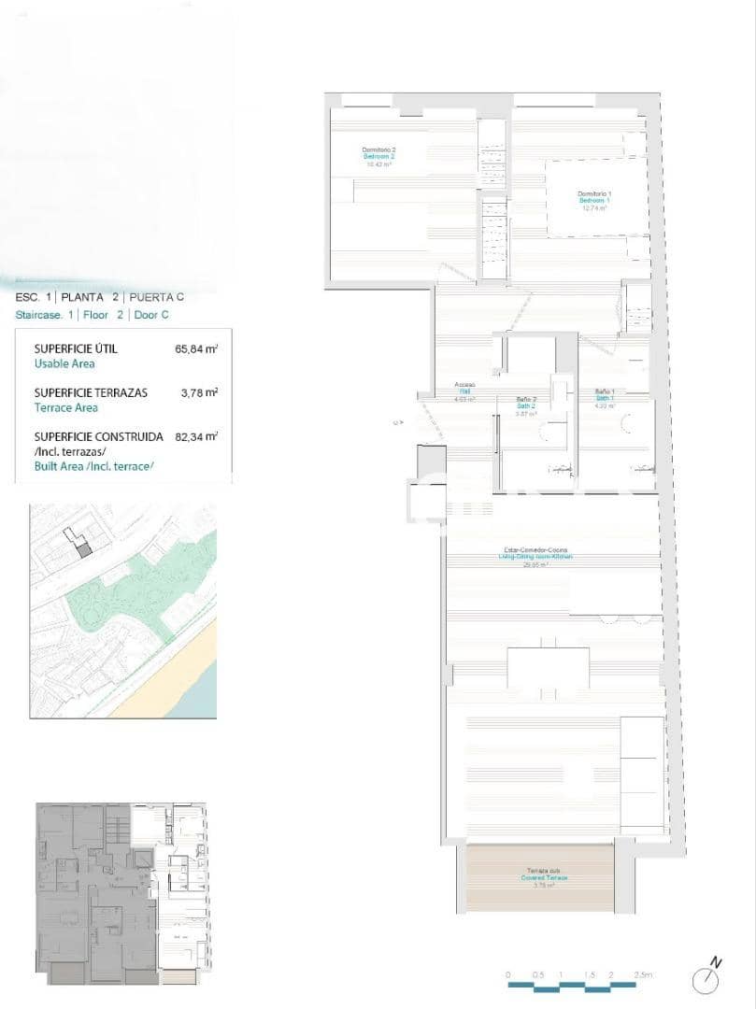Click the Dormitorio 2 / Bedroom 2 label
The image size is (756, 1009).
click(379, 156)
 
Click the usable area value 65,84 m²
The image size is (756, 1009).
click(196, 349)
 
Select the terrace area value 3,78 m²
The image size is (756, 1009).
click(199, 392)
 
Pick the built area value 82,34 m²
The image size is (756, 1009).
click(196, 436)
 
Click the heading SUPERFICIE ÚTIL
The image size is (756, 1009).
click(76, 349)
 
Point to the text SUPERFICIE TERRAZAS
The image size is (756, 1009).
click(91, 392)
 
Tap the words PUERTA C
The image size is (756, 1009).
click(157, 297)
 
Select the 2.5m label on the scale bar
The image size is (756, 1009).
click(642, 974)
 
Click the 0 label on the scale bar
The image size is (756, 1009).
click(508, 974)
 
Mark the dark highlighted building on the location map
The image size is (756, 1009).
click(83, 550)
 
